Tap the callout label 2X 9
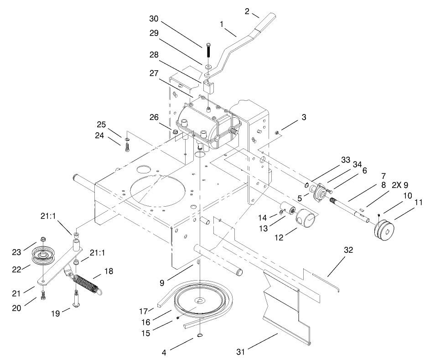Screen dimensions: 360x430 tap(400, 185)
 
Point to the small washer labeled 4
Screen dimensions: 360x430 tap(200, 336)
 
